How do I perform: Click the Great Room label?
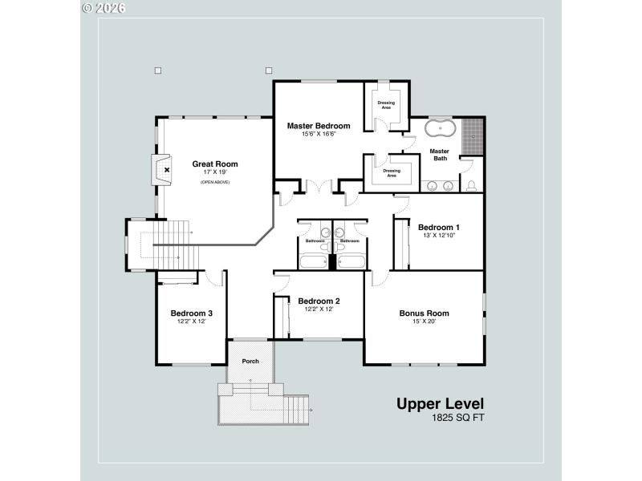[215, 164]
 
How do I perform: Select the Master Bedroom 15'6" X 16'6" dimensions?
[319, 135]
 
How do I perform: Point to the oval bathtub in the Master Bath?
[439, 129]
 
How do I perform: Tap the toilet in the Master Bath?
[471, 186]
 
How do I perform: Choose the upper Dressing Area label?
[386, 103]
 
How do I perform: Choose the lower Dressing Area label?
[391, 172]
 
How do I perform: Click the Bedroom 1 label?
[438, 227]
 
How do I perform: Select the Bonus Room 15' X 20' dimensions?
[424, 322]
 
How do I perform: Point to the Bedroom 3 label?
[192, 313]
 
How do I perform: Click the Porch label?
[250, 362]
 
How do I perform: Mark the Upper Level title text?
[440, 404]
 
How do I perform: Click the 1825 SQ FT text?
[457, 418]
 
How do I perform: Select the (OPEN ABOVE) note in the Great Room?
[215, 183]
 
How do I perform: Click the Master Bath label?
[439, 155]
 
